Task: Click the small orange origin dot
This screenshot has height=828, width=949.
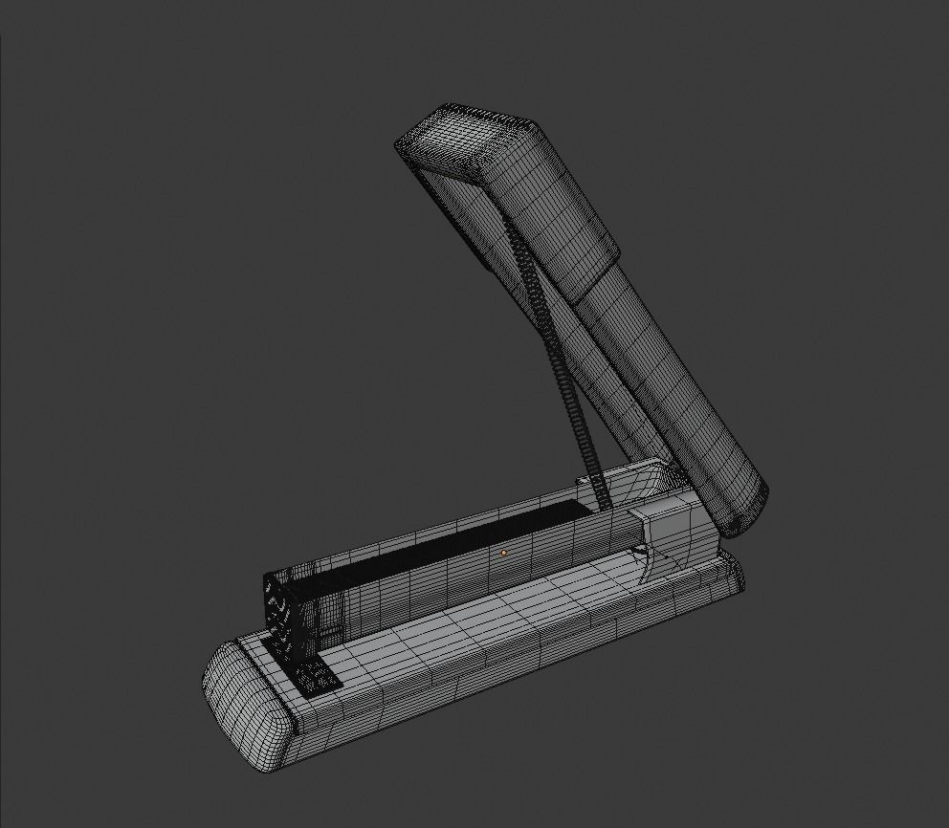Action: click(503, 552)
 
